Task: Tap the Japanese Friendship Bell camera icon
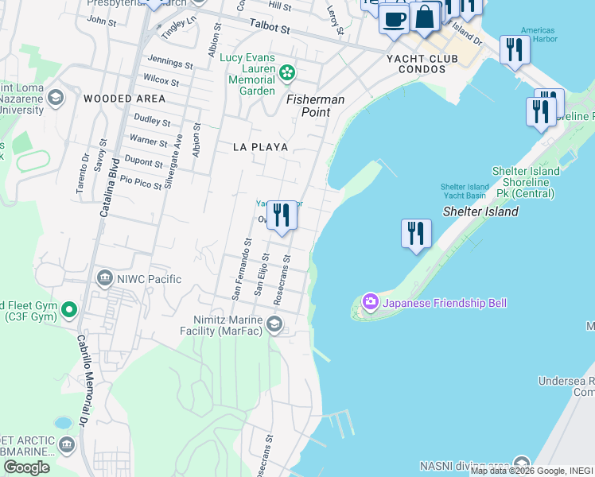[x=370, y=302]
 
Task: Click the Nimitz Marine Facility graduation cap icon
[x=274, y=323]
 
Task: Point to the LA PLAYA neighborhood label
[x=260, y=147]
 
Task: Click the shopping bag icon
[x=425, y=17]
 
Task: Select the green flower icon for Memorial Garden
[x=287, y=74]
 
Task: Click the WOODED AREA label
[x=124, y=99]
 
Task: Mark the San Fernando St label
[x=241, y=270]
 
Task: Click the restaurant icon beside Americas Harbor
[x=515, y=50]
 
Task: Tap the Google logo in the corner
[x=26, y=467]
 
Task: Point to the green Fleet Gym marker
[x=69, y=309]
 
